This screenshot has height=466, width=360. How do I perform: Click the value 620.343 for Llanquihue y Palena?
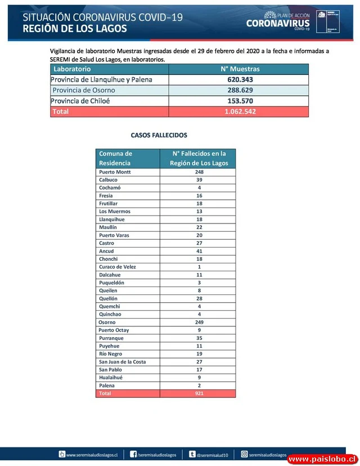pos(240,79)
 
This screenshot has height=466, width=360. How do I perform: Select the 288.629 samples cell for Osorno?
pos(240,90)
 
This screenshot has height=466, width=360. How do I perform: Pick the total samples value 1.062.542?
pos(240,111)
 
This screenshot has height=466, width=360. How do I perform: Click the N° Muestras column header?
pos(240,69)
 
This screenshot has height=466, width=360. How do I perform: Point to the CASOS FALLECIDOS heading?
pos(159,136)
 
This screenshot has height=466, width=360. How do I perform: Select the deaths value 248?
pos(199,172)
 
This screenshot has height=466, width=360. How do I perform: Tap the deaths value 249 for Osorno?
pos(199,322)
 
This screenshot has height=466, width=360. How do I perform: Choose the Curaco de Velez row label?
pos(118,267)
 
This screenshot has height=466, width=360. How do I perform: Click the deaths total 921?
pos(199,393)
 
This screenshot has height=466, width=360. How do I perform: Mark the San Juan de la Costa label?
pos(122,362)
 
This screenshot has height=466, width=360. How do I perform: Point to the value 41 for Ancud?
pos(199,251)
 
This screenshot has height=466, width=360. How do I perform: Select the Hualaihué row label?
pos(111,378)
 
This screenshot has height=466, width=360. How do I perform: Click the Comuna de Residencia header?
pos(116,158)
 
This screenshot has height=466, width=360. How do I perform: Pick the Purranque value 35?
pos(199,338)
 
